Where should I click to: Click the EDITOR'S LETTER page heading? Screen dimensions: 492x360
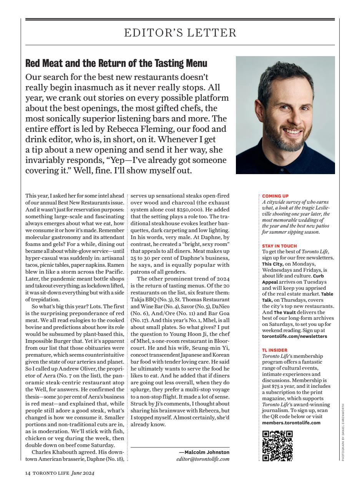point(180,33)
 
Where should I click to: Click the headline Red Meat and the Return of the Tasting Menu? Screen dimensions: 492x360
point(116,63)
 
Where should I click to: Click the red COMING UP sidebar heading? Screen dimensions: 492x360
point(275,196)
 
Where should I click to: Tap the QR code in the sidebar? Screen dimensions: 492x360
point(277,445)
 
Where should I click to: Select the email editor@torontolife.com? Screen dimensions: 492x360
point(203,459)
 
